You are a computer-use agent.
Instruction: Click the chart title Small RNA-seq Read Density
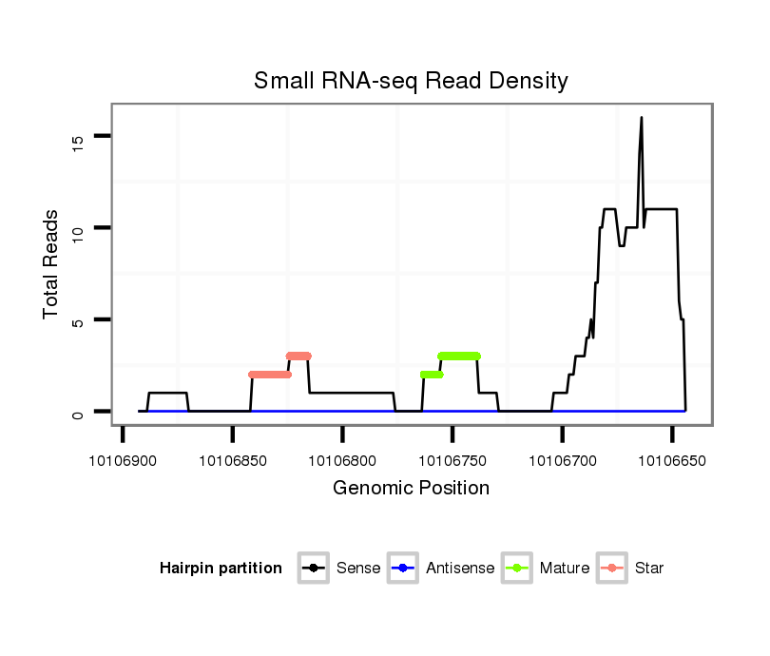pos(411,81)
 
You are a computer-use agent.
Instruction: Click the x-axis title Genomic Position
pos(411,489)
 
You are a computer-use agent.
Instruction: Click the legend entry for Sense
pos(358,569)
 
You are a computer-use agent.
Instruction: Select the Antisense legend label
pos(460,569)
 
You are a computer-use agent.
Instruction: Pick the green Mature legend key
pos(517,569)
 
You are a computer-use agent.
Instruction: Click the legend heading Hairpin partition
pos(221,569)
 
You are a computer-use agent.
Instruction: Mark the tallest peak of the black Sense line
pos(642,118)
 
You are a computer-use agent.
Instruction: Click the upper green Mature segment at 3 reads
pos(459,356)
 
